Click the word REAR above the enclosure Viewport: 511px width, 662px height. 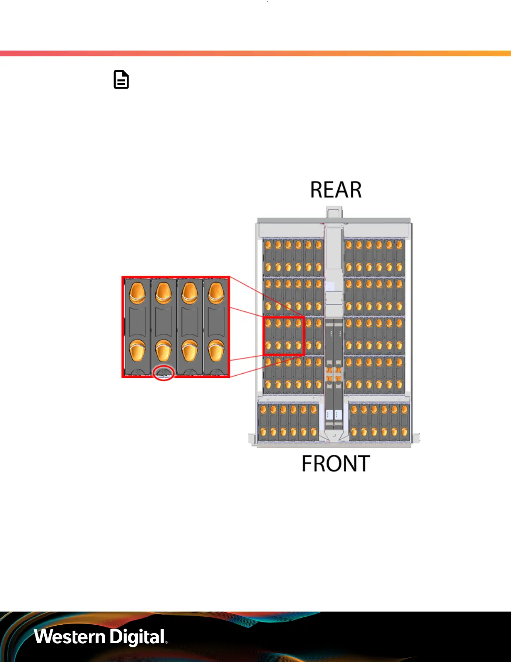336,190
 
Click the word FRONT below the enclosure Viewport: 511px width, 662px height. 336,464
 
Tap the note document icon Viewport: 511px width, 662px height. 121,80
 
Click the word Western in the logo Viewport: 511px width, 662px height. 69,637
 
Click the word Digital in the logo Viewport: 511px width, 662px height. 137,637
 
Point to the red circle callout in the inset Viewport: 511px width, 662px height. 163,373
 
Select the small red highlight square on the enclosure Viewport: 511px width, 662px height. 283,336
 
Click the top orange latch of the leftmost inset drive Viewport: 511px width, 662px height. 137,292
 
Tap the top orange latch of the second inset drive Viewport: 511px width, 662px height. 163,292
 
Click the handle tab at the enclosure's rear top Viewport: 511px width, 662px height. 334,213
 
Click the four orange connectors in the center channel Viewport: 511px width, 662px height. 334,374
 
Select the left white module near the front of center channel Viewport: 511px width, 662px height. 329,415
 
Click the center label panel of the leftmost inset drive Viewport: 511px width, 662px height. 137,321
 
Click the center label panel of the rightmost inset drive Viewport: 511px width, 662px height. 216,321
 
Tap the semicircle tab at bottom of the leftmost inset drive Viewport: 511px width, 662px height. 137,372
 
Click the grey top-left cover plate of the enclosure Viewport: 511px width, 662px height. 291,230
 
